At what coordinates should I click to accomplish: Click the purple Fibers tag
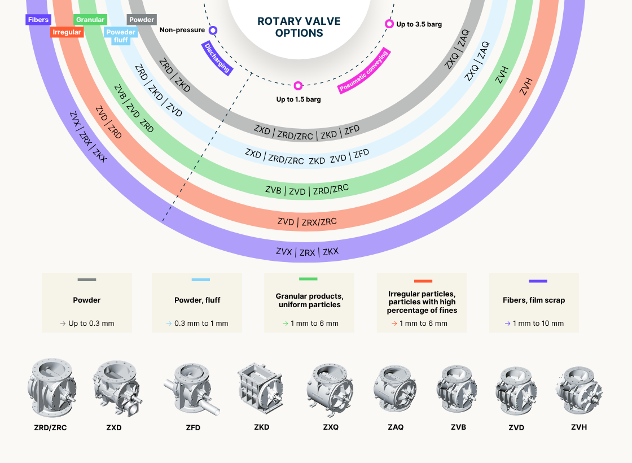click(x=38, y=20)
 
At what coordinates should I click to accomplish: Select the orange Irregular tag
click(x=67, y=32)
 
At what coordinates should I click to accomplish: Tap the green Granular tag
click(x=90, y=20)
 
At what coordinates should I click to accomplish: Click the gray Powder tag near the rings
click(x=142, y=20)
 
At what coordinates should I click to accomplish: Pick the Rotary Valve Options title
click(x=299, y=27)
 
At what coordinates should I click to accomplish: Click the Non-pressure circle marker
click(x=213, y=30)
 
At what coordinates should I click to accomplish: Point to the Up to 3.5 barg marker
click(x=389, y=24)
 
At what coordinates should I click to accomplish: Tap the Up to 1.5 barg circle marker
click(x=298, y=86)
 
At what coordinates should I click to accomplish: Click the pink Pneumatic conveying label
click(x=364, y=71)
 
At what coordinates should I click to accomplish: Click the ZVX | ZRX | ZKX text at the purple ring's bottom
click(x=307, y=252)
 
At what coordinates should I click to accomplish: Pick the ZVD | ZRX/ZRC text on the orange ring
click(x=307, y=222)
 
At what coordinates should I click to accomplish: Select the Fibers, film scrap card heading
click(x=533, y=300)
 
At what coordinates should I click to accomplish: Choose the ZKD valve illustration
click(x=261, y=388)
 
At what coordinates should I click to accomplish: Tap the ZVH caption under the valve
click(x=579, y=427)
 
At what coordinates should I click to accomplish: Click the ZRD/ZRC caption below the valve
click(x=50, y=428)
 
